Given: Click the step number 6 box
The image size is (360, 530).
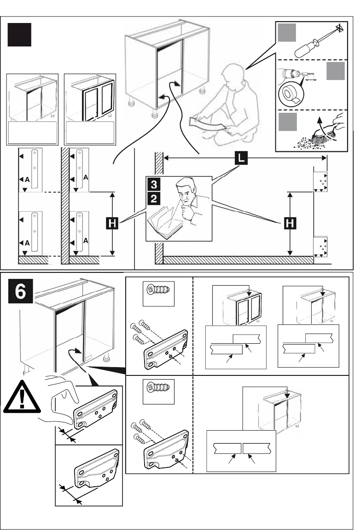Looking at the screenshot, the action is [20, 291].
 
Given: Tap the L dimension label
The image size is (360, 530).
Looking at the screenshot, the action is [241, 158].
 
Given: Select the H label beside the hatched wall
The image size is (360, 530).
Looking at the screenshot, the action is [112, 224].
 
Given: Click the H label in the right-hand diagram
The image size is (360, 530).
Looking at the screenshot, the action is [290, 223].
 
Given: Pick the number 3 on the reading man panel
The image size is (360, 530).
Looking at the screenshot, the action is [154, 184].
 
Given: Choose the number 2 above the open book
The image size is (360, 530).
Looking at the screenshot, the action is [154, 199].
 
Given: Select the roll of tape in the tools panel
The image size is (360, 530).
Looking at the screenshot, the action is [291, 92].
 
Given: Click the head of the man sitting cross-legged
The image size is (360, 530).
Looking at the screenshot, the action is [233, 77].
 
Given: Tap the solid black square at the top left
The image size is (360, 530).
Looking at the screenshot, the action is [19, 35].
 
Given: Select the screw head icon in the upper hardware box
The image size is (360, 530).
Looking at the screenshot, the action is [158, 290].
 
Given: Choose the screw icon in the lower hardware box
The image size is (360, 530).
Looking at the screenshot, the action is [158, 387].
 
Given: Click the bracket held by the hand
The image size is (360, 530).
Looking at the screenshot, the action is [95, 409].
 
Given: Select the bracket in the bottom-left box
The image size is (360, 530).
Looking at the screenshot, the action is [97, 468].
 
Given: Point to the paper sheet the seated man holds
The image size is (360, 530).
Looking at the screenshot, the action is [207, 124].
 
